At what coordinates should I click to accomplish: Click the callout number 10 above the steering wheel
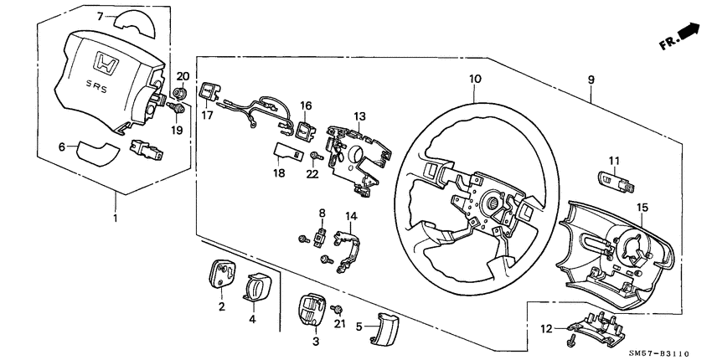point(475,79)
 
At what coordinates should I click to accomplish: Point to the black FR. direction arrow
point(688,33)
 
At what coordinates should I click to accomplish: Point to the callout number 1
point(116,219)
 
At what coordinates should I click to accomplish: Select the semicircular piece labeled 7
point(133,19)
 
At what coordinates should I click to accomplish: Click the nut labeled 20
point(178,93)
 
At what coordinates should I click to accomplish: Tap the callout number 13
point(359,116)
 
